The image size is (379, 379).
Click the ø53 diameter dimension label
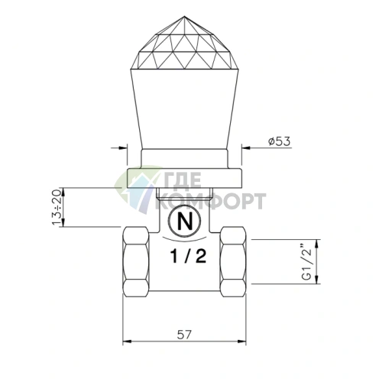[x=279, y=141]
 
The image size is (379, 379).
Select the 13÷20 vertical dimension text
[x=57, y=207]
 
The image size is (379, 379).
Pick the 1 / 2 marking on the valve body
[x=188, y=256]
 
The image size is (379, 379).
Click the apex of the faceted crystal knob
[x=184, y=16]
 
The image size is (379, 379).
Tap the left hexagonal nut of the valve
[x=136, y=262]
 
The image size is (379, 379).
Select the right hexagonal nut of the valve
[x=233, y=262]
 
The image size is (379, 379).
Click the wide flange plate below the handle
[x=184, y=178]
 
